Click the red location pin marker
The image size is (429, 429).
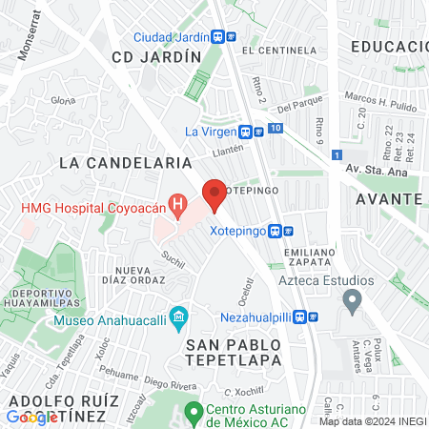click(x=214, y=194)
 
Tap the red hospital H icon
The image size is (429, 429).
click(x=175, y=204)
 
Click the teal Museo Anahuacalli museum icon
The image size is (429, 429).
click(x=177, y=316)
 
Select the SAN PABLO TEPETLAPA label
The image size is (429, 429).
click(x=234, y=351)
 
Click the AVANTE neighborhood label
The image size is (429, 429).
click(x=388, y=198)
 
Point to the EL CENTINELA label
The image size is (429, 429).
click(x=277, y=49)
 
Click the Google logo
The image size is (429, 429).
click(x=31, y=417)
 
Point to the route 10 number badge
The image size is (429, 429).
click(x=275, y=128)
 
